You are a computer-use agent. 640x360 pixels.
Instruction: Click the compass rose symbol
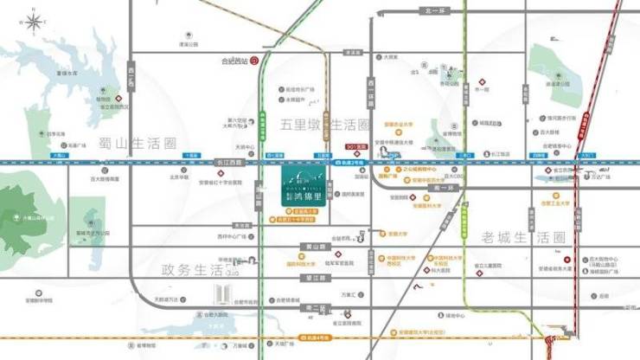point(33,21)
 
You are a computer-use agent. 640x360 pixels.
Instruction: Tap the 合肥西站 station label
point(234,61)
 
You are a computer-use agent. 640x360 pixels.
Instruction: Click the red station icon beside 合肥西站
point(254,61)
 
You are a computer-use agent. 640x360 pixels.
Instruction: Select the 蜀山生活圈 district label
point(138,144)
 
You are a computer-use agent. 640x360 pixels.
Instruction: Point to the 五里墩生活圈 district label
point(324,125)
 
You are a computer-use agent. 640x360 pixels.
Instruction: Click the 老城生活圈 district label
point(522,237)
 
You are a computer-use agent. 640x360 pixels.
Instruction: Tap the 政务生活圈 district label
point(198,270)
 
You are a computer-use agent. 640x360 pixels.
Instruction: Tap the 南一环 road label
point(446,187)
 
